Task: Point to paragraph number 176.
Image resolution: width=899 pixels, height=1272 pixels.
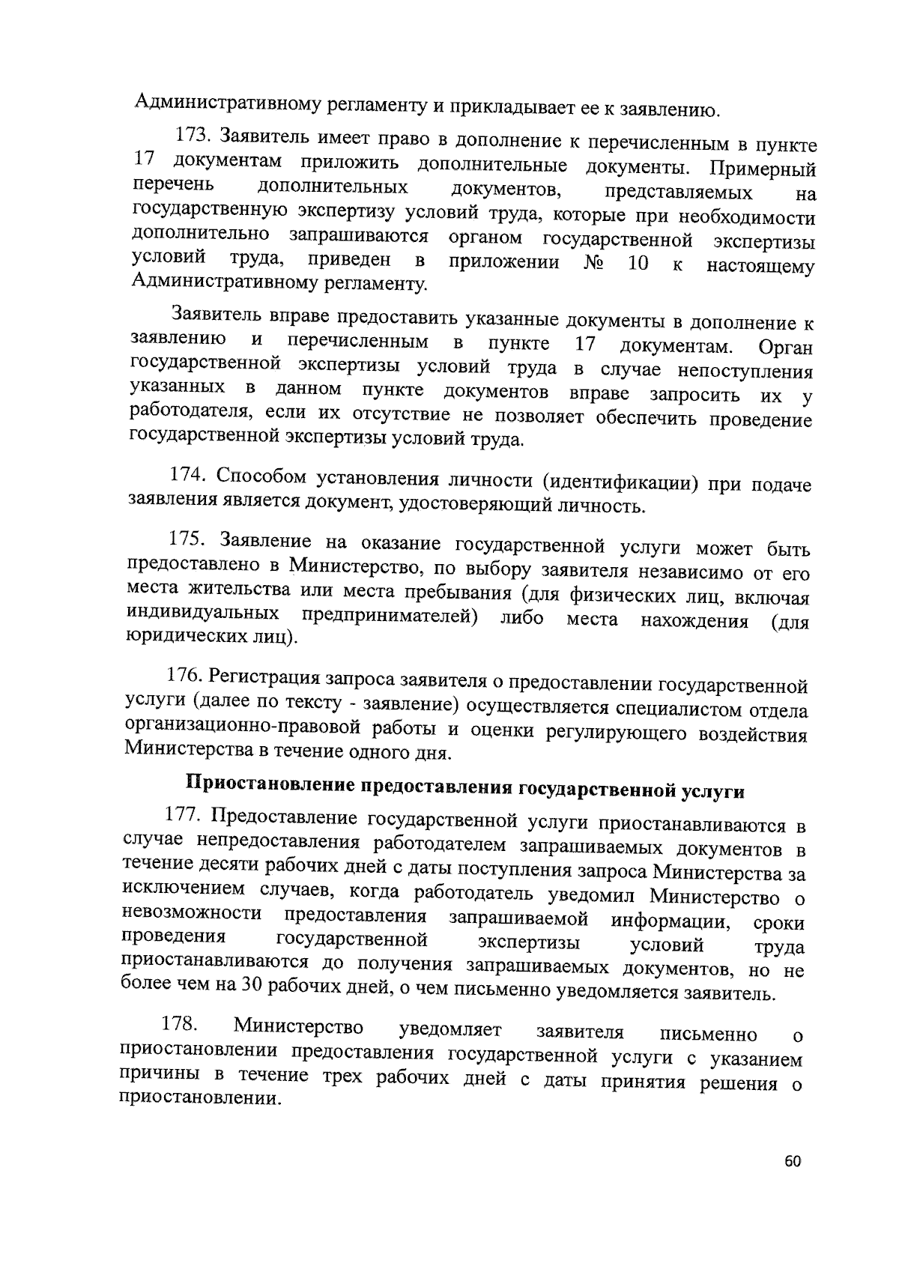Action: (x=184, y=675)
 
